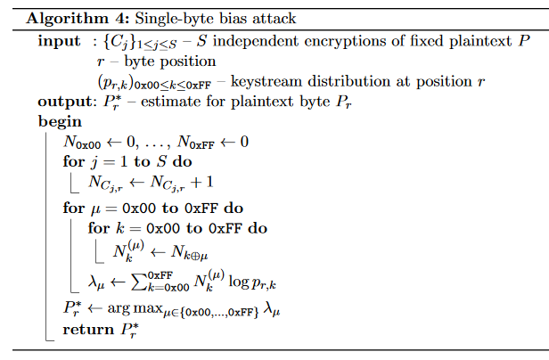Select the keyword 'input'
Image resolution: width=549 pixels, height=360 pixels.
[x=59, y=42]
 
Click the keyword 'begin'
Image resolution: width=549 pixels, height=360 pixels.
[x=61, y=121]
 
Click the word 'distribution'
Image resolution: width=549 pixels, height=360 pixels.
[x=342, y=82]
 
